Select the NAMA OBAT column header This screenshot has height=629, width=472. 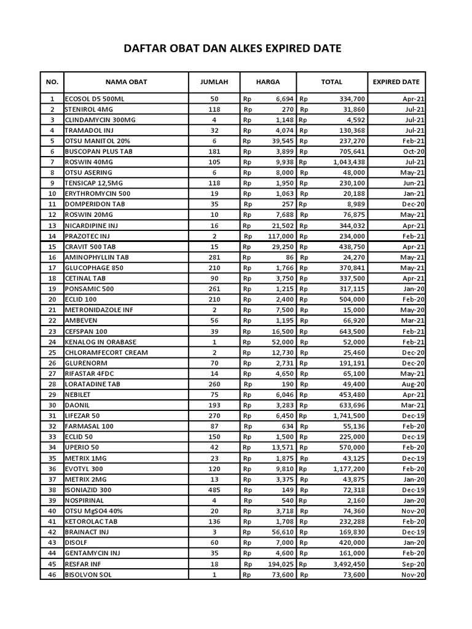tap(126, 82)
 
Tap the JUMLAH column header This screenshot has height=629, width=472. tap(214, 82)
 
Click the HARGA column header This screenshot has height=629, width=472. tap(268, 82)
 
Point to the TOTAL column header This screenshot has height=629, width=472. tap(332, 82)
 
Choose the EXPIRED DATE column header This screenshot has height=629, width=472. tap(396, 82)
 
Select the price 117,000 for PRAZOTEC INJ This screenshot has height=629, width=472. tap(280, 236)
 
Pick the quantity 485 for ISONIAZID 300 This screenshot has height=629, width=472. tap(214, 490)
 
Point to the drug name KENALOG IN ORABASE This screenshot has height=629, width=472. tap(101, 342)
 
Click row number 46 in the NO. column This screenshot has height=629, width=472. tap(52, 575)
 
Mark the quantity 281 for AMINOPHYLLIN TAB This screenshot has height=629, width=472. tap(214, 257)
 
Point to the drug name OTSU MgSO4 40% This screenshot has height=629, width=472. tap(94, 511)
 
